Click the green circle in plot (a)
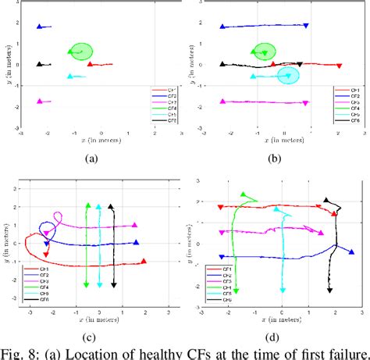pos(80,52)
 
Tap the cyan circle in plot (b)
pos(288,75)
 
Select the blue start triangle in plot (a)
pos(40,27)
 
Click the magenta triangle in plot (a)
pos(39,102)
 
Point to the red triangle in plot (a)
pos(90,65)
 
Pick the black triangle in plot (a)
pos(39,64)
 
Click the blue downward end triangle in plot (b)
pos(306,27)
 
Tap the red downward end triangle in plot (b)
pos(339,66)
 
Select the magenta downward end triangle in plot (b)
pos(305,102)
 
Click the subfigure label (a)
pos(91,155)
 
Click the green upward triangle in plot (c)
pos(87,206)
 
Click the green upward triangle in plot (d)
pos(244,195)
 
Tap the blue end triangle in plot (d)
pos(351,251)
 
